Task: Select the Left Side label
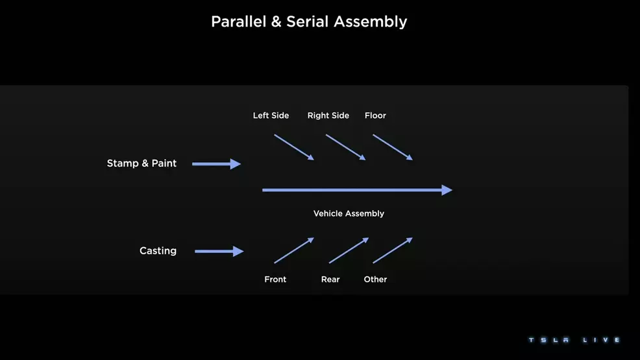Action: coord(271,115)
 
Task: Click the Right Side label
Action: coord(328,115)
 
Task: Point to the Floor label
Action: coord(375,115)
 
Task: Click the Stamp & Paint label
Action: coord(142,163)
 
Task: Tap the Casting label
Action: coord(158,251)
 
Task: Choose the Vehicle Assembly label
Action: coord(349,213)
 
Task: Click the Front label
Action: coord(275,280)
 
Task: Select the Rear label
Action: coord(330,280)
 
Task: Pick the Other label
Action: coord(375,280)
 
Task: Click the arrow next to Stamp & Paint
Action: coord(216,164)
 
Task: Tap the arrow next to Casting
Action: coord(219,251)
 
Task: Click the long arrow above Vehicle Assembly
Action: coord(357,190)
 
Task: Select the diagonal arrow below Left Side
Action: coord(294,147)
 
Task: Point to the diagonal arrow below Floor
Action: coord(393,147)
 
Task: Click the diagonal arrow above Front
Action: coord(294,250)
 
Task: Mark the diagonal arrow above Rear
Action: coord(349,250)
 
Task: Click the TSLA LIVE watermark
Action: coord(574,340)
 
